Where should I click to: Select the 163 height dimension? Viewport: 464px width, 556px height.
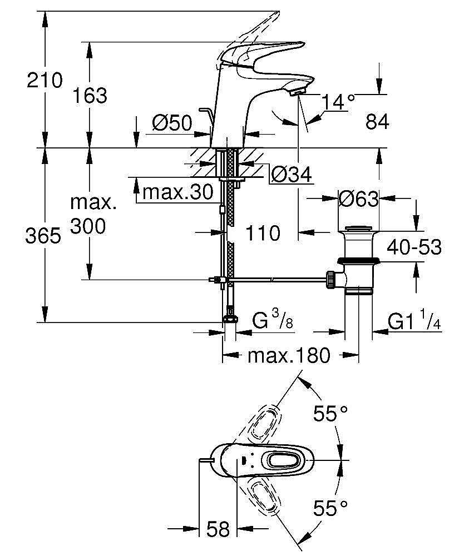pyautogui.click(x=90, y=96)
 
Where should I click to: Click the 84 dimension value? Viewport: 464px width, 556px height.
pyautogui.click(x=377, y=122)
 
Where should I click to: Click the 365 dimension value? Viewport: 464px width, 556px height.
pyautogui.click(x=43, y=236)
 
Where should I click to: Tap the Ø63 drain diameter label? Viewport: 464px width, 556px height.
pyautogui.click(x=359, y=198)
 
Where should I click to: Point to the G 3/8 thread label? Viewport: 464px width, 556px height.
pyautogui.click(x=273, y=321)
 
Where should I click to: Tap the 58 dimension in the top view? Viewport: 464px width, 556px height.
pyautogui.click(x=218, y=529)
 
